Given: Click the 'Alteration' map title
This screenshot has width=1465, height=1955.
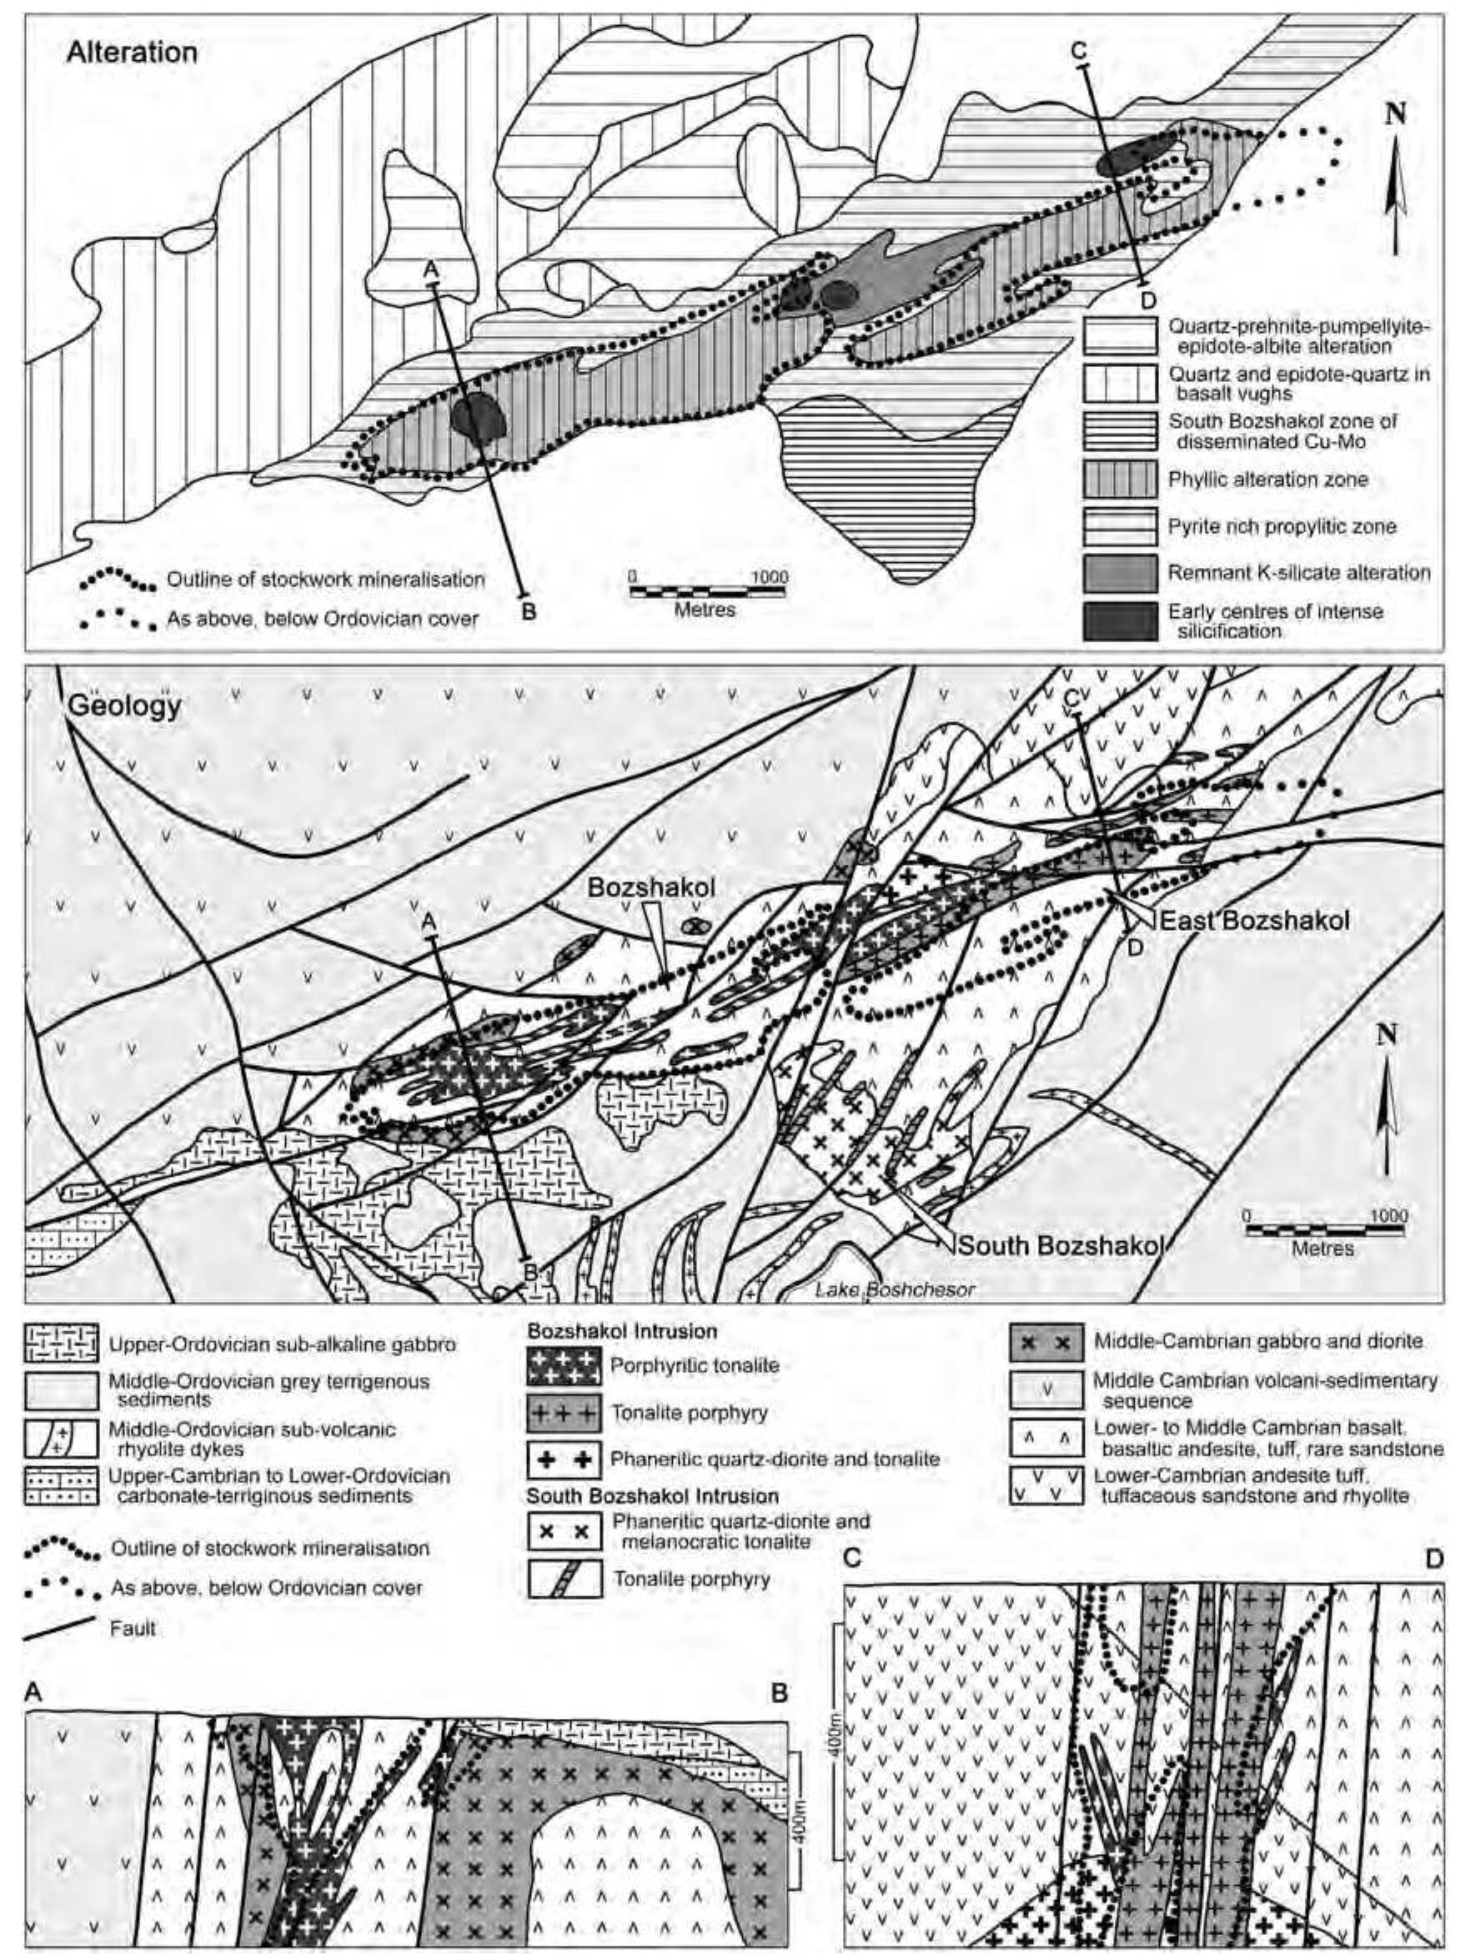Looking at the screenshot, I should click(132, 53).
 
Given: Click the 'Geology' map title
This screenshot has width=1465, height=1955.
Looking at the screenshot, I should click(124, 707).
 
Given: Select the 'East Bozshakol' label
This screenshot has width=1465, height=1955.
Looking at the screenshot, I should click(1254, 921).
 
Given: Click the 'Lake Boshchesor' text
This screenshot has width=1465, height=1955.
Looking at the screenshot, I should click(894, 1290).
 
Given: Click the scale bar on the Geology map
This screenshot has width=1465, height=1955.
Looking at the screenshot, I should click(1322, 1229).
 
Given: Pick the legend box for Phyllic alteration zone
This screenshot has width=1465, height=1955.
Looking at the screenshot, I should click(1120, 480).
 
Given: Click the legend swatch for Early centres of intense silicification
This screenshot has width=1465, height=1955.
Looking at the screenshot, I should click(1120, 621).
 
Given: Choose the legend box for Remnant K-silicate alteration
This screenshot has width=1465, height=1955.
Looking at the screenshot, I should click(1120, 574).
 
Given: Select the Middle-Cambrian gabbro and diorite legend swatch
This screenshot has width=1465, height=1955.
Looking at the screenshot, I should click(1046, 1342).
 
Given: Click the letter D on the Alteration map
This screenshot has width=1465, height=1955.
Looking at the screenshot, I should click(1147, 300).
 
